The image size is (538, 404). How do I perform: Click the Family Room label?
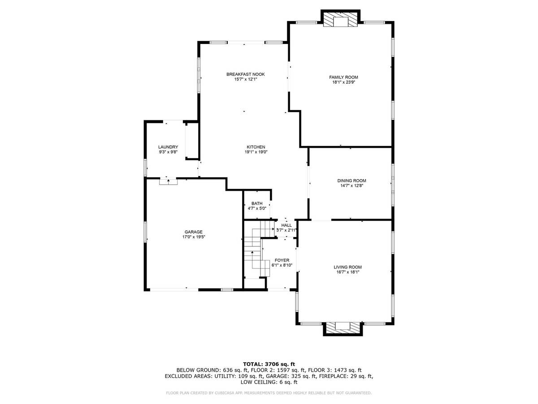coord(343,77)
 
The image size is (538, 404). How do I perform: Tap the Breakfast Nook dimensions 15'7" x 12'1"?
coord(245,79)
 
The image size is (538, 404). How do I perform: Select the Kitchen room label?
coord(256,147)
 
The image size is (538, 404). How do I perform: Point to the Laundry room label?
coord(168,147)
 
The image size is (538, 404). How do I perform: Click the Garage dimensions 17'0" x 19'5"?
coord(193,237)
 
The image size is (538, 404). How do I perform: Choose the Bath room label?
coord(256,203)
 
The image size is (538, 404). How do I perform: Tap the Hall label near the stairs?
coord(286,225)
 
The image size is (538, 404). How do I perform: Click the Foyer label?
coord(282,260)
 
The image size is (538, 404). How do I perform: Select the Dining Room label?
coord(351,181)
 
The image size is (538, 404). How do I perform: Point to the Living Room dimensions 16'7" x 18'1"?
coord(347,272)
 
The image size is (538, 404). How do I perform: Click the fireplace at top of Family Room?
coord(340,18)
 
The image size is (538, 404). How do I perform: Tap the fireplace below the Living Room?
coord(343,329)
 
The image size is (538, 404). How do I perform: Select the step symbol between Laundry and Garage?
coord(168,182)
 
